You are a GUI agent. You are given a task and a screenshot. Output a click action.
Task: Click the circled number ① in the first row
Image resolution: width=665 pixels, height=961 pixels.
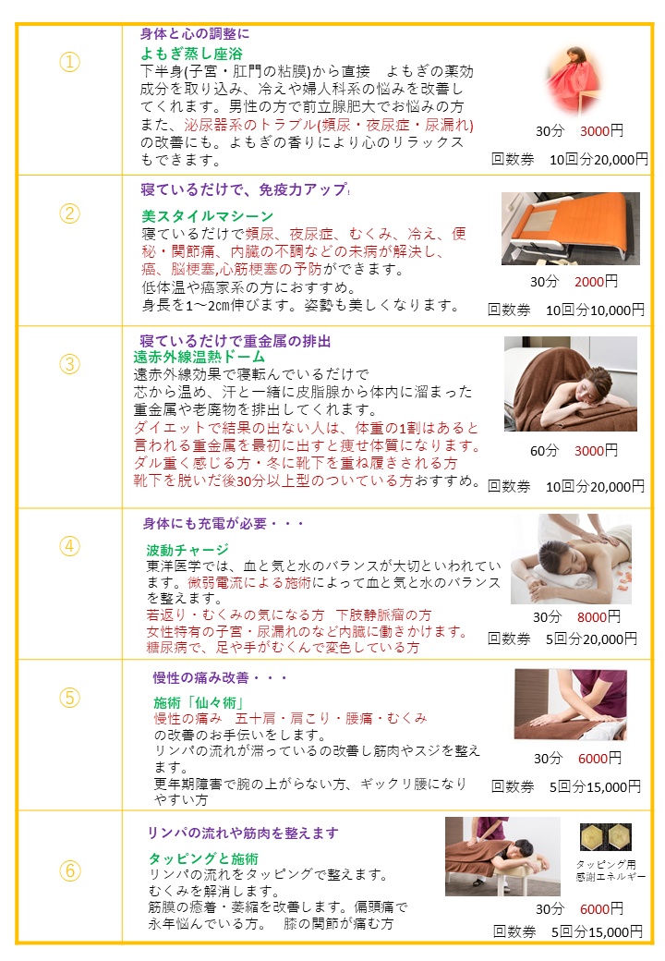click(70, 62)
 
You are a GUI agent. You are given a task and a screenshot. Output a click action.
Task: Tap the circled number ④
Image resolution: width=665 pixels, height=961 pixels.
click(70, 546)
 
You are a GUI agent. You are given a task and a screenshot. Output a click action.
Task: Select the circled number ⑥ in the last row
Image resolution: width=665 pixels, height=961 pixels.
click(70, 870)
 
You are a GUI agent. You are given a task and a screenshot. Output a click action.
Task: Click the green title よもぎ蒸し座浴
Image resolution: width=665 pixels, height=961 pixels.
click(192, 54)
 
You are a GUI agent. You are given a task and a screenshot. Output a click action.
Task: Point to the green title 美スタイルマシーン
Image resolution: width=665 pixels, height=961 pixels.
click(207, 215)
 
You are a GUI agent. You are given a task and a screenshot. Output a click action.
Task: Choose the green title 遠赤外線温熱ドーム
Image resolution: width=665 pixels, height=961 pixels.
click(199, 357)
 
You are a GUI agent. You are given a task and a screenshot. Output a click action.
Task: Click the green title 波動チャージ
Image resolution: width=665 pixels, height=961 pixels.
click(187, 549)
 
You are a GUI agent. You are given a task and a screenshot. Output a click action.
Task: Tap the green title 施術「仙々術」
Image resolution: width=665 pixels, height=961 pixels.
click(199, 702)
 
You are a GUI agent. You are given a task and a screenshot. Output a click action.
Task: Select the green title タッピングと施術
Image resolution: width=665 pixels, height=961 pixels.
click(203, 858)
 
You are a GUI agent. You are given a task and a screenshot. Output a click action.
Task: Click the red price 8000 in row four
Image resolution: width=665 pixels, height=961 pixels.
click(591, 617)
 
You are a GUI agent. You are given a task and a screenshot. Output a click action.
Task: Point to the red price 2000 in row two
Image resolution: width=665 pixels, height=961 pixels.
click(589, 282)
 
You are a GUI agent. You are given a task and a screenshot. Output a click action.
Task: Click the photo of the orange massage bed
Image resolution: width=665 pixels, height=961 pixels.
click(571, 228)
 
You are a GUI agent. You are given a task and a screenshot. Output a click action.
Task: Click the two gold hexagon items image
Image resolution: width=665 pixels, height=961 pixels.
click(606, 837)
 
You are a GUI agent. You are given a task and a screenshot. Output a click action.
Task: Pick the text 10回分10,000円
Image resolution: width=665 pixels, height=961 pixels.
click(595, 310)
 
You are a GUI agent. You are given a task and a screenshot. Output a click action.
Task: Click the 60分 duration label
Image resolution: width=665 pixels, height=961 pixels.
click(544, 451)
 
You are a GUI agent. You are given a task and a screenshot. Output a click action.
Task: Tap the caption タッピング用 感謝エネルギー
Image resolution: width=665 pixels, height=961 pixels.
click(611, 870)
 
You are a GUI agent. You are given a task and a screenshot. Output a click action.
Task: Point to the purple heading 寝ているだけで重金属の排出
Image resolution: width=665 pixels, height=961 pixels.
click(236, 341)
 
